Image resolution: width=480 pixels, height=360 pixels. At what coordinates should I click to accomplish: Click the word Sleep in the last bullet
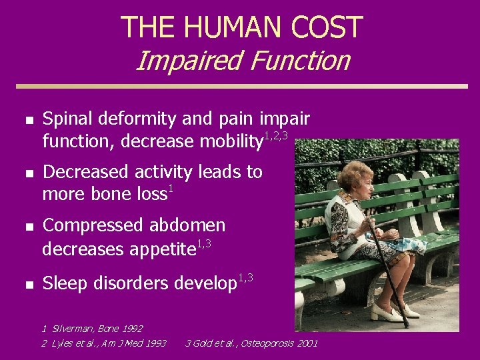click(x=65, y=284)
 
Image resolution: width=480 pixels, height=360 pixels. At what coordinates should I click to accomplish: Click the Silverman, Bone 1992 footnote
click(x=93, y=329)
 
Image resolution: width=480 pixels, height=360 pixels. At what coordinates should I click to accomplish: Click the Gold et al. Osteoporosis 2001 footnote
click(x=251, y=343)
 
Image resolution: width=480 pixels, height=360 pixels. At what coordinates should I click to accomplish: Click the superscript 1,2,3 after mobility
click(x=276, y=136)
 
